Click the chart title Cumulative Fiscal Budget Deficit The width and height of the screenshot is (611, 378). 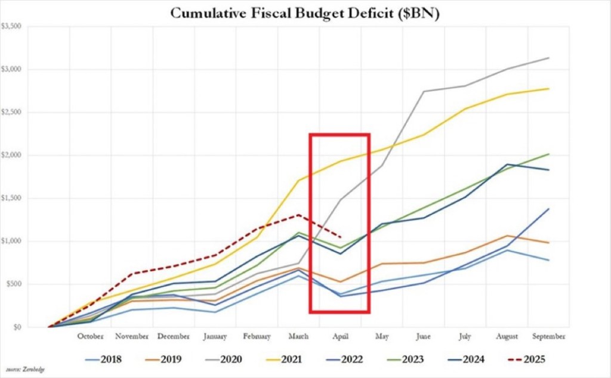305,13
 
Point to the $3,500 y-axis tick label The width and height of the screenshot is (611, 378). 13,26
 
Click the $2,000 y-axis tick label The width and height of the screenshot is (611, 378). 13,155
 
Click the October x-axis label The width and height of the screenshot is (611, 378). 90,337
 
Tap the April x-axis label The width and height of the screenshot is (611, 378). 340,337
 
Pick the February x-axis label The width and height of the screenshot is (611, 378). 257,337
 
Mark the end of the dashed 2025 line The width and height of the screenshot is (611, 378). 340,237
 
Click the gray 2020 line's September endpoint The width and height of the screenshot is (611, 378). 549,58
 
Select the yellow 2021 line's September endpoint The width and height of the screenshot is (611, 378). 549,89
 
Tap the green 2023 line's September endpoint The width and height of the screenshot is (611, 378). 549,154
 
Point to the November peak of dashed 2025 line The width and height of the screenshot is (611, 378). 132,274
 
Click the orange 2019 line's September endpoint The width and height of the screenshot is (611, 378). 549,243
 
